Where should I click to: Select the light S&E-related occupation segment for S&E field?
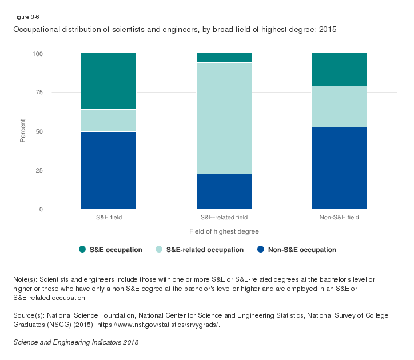[x=109, y=121]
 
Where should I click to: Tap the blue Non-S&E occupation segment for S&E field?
[x=109, y=170]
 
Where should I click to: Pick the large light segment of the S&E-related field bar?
[x=224, y=118]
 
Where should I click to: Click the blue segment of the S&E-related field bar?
[x=224, y=191]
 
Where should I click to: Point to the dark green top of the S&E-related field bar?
[x=224, y=58]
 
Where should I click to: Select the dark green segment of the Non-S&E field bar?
[x=339, y=70]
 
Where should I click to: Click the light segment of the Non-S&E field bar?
[x=339, y=106]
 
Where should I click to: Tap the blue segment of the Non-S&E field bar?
[x=339, y=168]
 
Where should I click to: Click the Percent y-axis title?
[x=23, y=131]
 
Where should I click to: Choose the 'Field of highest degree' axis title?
[x=224, y=231]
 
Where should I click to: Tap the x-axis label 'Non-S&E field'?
[x=339, y=218]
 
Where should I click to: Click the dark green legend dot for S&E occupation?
[x=82, y=249]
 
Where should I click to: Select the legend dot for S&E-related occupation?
[x=159, y=249]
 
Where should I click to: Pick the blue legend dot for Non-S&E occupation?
[x=261, y=249]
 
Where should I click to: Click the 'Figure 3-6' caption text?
[x=26, y=17]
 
